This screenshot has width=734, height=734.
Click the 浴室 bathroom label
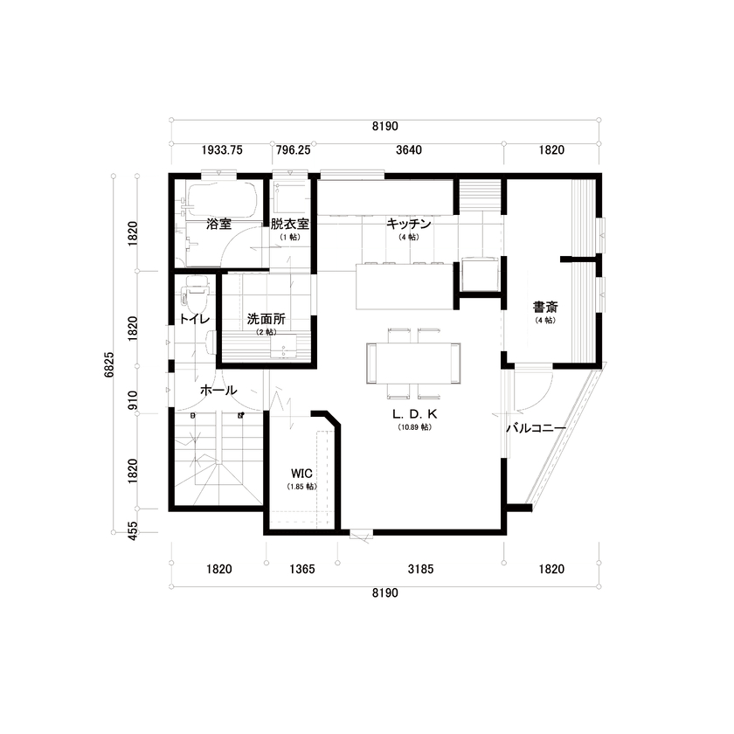pyautogui.click(x=218, y=224)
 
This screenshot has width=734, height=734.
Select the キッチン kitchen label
pyautogui.click(x=409, y=224)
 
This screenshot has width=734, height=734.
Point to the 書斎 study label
pyautogui.click(x=546, y=307)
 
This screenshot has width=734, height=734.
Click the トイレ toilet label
pyautogui.click(x=193, y=319)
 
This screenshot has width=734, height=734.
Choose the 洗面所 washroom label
pyautogui.click(x=266, y=319)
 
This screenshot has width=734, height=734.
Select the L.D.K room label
pyautogui.click(x=414, y=414)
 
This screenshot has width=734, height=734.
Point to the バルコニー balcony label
pyautogui.click(x=537, y=428)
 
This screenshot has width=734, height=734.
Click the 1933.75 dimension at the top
pyautogui.click(x=222, y=149)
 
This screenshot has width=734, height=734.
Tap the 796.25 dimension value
pyautogui.click(x=293, y=149)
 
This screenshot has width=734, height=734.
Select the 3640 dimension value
pyautogui.click(x=409, y=149)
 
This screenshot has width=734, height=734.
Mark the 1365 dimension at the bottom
pyautogui.click(x=301, y=569)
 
